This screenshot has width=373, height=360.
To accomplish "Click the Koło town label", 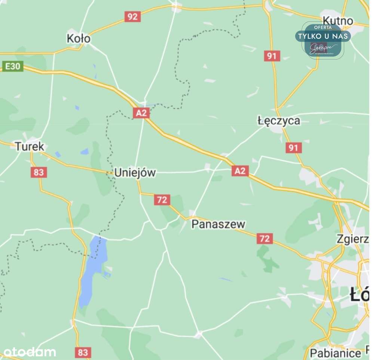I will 79,39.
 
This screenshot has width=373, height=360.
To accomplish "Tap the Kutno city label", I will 338,21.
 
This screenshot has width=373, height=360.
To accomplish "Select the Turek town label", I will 30,146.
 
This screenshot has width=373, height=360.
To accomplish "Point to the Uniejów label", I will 135,173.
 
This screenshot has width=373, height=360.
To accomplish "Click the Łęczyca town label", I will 279,120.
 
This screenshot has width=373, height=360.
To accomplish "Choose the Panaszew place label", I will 218,224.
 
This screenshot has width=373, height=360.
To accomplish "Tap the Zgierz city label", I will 352,238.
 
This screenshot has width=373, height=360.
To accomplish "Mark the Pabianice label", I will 335,353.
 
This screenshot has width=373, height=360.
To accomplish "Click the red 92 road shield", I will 132,16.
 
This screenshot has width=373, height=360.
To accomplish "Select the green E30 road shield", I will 12,67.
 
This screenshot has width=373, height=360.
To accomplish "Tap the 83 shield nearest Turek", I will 39,172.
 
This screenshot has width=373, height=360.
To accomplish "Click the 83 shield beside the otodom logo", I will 83,352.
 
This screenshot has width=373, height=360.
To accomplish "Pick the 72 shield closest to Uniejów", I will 162,200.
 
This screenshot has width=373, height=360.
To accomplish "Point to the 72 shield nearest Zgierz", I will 265,238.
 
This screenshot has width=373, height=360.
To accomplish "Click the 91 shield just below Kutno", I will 272,56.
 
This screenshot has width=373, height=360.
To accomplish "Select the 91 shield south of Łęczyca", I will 293,147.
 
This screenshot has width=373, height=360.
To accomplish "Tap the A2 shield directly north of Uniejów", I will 141,113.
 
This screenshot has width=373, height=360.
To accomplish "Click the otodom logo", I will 30,352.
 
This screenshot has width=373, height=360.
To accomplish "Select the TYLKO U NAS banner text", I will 322,36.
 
